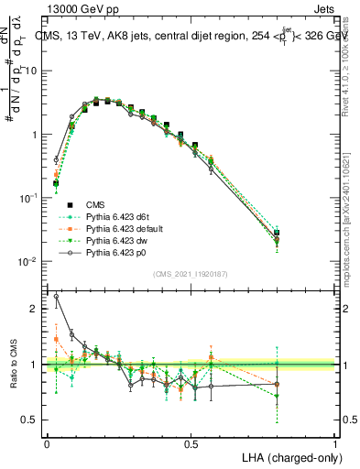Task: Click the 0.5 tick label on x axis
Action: click(191, 442)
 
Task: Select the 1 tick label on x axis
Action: click(334, 442)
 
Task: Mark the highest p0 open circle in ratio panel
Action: click(56, 296)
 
